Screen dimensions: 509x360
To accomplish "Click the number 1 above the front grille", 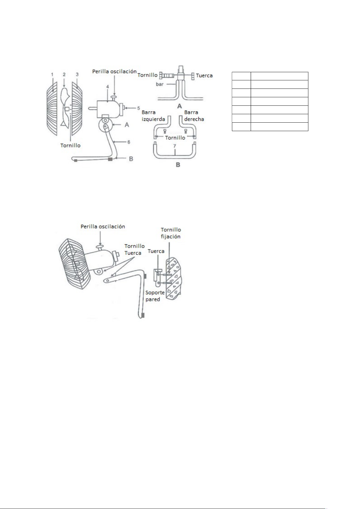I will click(x=52, y=74).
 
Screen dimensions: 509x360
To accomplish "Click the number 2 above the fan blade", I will click(x=64, y=74).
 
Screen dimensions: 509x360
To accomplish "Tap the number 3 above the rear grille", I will click(x=77, y=74).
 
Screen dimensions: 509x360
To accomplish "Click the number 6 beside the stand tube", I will click(x=129, y=142).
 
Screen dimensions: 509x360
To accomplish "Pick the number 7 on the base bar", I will click(x=175, y=146).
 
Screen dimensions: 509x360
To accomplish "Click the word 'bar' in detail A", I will click(x=160, y=84).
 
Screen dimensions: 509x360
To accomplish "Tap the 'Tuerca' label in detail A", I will click(x=204, y=76).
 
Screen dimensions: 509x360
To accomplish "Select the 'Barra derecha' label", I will click(x=194, y=116).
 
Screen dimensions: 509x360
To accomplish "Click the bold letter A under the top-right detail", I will click(x=179, y=106).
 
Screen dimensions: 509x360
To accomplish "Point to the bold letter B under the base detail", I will click(x=178, y=165).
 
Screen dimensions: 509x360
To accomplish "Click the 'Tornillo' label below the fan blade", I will click(x=70, y=145).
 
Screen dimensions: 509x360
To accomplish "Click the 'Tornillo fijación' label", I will click(x=171, y=233).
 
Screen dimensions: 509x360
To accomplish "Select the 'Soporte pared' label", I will click(x=155, y=296).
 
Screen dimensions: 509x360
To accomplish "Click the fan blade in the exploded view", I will click(x=66, y=107).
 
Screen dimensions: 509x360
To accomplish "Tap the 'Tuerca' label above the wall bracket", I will click(x=156, y=251).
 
